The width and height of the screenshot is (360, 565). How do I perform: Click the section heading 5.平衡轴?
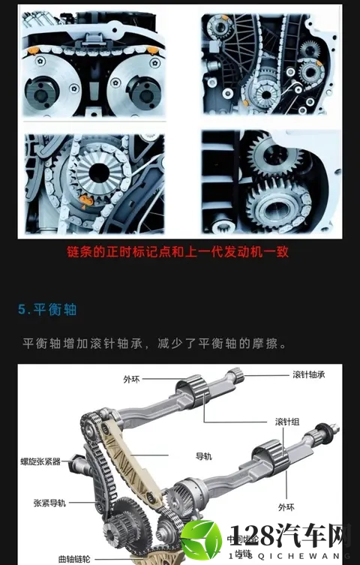[x=47, y=309]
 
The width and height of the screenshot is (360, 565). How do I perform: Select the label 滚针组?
[x=288, y=421]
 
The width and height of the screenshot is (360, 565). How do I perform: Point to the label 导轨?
[x=205, y=455]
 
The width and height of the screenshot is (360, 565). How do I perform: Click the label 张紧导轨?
[x=49, y=503]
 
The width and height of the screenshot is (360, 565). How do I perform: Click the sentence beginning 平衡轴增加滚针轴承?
[x=155, y=344]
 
